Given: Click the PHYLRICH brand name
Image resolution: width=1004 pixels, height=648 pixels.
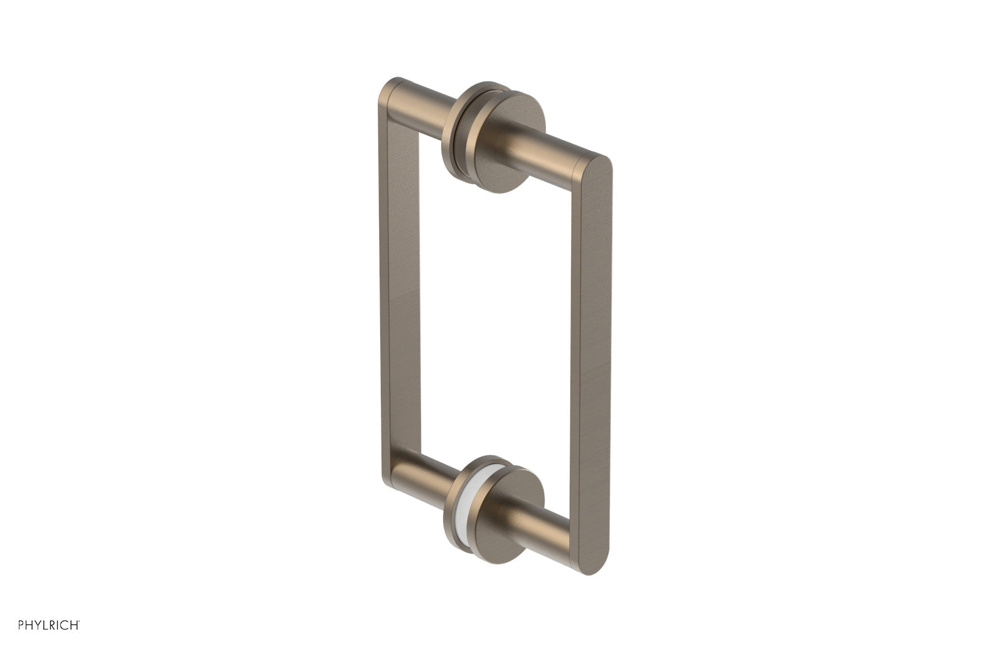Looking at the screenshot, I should (49, 625).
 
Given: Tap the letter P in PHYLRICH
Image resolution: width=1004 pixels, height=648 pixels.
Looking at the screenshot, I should (22, 625).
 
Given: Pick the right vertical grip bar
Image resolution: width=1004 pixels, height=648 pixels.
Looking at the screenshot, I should (593, 364).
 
